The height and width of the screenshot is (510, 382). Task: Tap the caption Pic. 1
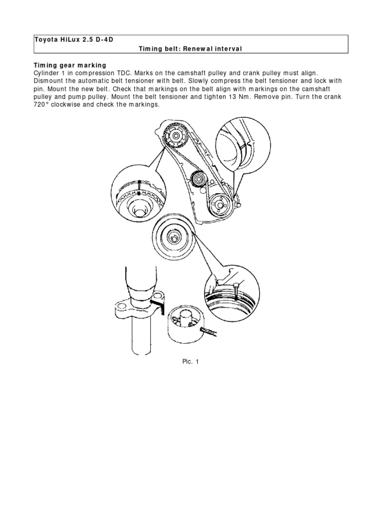tap(191, 362)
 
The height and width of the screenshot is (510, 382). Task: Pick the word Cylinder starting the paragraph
tap(48, 73)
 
